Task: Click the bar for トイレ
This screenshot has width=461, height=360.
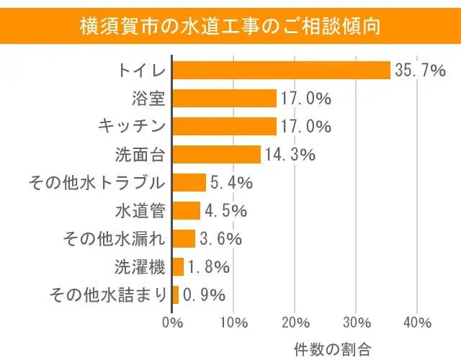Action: click(281, 70)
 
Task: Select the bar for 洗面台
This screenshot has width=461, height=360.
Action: click(217, 154)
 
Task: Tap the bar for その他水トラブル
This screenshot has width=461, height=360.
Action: click(189, 182)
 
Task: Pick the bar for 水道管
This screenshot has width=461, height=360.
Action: click(187, 210)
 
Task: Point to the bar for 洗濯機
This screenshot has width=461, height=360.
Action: click(178, 266)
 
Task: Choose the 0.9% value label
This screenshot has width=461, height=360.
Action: click(204, 294)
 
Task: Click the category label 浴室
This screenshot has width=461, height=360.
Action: click(149, 99)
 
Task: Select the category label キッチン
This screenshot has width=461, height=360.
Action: click(132, 127)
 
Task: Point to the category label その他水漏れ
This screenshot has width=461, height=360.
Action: click(115, 238)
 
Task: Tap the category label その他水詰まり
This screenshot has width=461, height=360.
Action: click(107, 294)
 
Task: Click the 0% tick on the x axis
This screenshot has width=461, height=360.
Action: click(172, 321)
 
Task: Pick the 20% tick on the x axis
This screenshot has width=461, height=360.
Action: click(295, 321)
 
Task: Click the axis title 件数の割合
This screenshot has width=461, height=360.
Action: click(333, 349)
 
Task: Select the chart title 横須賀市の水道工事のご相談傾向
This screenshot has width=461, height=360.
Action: click(230, 26)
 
